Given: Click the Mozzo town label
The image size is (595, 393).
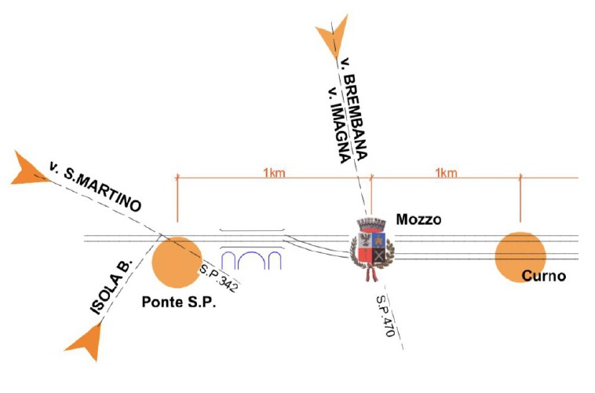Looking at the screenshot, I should click(x=419, y=220).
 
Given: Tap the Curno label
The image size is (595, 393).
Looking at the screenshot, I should click(x=546, y=277).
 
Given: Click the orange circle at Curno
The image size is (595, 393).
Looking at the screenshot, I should click(x=520, y=257).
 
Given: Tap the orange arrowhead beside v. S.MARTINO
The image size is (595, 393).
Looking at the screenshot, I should click(x=30, y=168).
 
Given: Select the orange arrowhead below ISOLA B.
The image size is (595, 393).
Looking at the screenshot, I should click(x=86, y=342).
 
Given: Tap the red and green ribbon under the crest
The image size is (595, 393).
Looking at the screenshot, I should click(x=371, y=273).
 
